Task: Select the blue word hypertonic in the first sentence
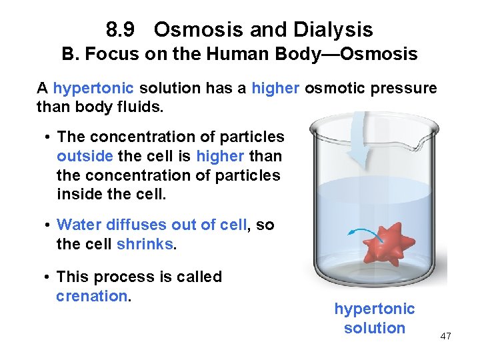click(x=93, y=89)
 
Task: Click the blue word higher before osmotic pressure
click(x=276, y=89)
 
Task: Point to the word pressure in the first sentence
click(x=405, y=89)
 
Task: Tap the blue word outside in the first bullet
click(x=85, y=156)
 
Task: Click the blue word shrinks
click(x=145, y=244)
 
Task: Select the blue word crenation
click(x=91, y=296)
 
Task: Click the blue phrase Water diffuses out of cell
click(x=151, y=225)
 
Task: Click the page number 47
click(x=445, y=336)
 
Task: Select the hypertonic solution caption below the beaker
click(x=374, y=319)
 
